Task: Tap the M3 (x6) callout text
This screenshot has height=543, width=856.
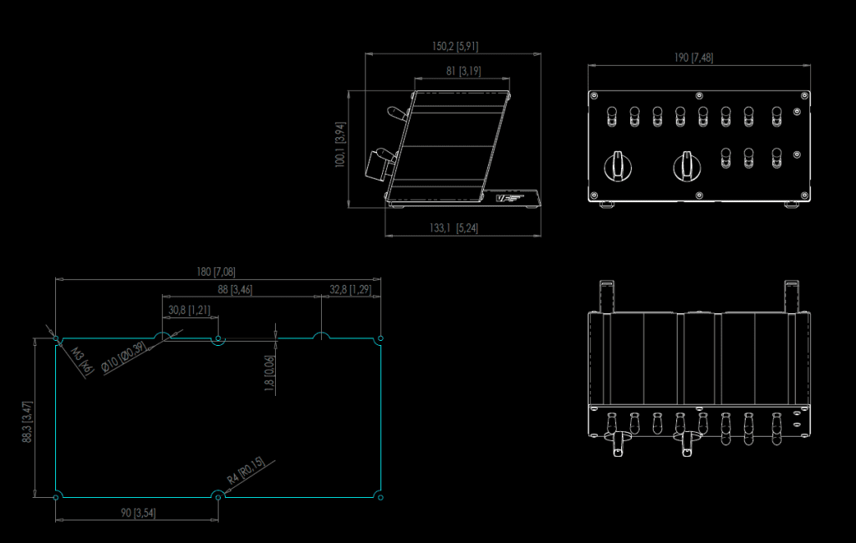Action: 82,361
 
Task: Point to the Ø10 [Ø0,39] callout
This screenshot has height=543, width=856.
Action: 124,358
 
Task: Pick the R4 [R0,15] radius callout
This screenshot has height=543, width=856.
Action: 245,470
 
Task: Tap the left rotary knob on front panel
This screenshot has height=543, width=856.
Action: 618,166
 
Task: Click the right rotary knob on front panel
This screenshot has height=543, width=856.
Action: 687,166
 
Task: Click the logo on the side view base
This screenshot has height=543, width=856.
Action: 509,198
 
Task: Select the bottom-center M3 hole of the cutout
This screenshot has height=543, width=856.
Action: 218,497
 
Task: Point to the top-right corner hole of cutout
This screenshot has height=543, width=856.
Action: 380,338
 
